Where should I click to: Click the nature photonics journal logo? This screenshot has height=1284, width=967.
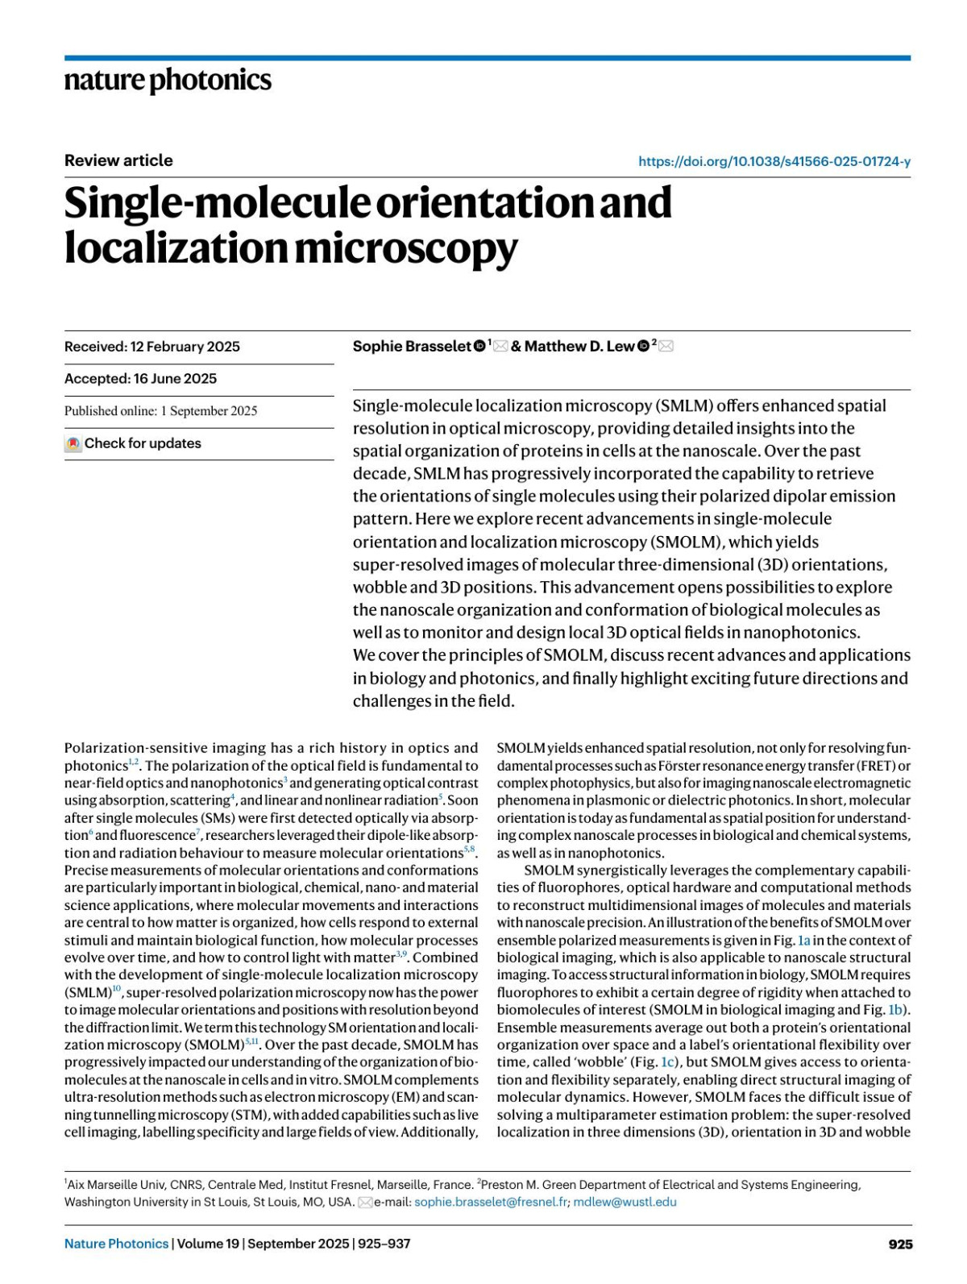(x=168, y=80)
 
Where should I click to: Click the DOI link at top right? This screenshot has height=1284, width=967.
(x=774, y=161)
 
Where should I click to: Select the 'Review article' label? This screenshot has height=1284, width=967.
(x=118, y=160)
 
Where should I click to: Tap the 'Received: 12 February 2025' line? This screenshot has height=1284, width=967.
(x=152, y=347)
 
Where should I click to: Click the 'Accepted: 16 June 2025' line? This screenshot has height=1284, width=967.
(x=140, y=379)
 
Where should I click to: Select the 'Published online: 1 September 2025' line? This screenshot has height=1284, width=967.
(x=161, y=411)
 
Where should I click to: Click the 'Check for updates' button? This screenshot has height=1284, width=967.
(x=134, y=443)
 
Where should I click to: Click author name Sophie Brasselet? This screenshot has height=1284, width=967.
(x=412, y=347)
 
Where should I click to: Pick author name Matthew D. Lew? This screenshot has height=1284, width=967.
(x=579, y=347)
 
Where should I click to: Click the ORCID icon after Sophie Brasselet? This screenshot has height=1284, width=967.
(x=479, y=347)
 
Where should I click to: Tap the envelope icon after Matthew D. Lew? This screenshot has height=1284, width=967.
(x=666, y=347)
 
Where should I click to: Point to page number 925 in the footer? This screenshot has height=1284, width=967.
(x=900, y=1245)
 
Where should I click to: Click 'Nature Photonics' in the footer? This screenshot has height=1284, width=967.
(x=117, y=1244)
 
